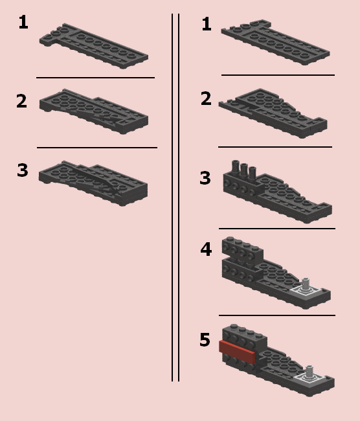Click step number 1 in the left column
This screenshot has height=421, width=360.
coord(23,22)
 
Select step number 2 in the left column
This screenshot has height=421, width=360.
coord(22,101)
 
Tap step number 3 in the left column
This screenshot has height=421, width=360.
coord(23,170)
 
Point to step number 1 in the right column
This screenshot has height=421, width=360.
coord(207,24)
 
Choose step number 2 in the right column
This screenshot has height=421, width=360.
coord(206,98)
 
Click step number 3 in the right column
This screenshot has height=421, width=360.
coord(205,177)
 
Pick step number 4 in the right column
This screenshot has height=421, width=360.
coord(206,249)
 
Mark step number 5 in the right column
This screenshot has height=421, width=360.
coord(205,339)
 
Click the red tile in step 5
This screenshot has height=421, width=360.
coord(237,352)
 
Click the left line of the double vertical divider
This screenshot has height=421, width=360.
coord(172,198)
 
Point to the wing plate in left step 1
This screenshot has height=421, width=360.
coord(94,46)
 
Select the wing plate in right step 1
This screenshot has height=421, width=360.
coord(275,42)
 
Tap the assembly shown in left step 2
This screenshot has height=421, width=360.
coord(94,111)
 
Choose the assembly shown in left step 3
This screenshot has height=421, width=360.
coord(93,183)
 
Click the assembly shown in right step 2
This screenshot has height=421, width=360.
coord(273,113)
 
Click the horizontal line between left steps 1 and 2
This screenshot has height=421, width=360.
coord(96,78)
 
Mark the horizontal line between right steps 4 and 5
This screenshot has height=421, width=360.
coord(277,315)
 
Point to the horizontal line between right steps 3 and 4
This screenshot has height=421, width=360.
coord(277,229)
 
